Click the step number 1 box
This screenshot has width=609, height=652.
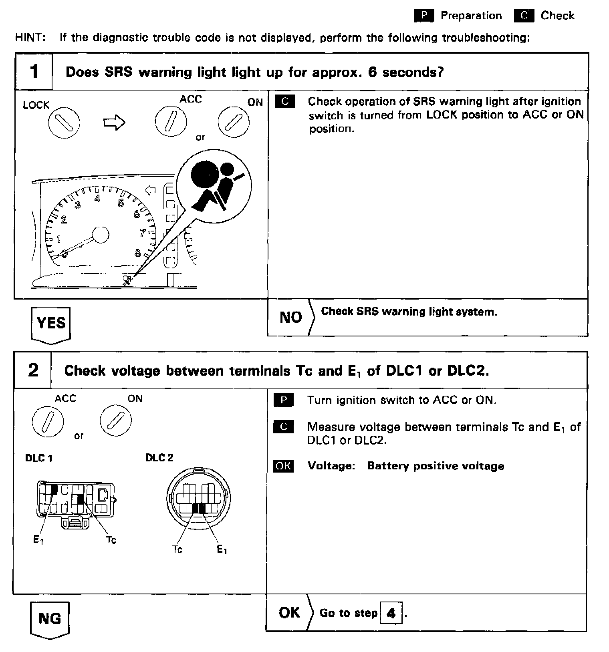34,72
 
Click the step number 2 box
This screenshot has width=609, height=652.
33,370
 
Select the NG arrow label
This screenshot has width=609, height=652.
50,619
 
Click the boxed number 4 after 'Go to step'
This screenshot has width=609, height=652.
391,613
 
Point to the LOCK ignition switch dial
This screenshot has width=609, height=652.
64,122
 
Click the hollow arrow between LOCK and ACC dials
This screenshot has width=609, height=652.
114,123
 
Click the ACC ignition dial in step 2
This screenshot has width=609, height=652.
48,421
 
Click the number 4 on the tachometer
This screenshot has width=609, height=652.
97,198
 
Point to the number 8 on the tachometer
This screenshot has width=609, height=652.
138,253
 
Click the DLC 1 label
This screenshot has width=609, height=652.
38,458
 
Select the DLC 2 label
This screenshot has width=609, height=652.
159,458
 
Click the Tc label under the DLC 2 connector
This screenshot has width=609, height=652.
177,549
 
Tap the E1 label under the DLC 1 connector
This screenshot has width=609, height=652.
38,540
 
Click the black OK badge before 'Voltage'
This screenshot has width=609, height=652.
283,466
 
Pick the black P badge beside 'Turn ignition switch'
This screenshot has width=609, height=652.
283,400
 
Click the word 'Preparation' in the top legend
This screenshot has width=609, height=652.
471,16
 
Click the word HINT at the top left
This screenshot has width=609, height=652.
30,38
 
